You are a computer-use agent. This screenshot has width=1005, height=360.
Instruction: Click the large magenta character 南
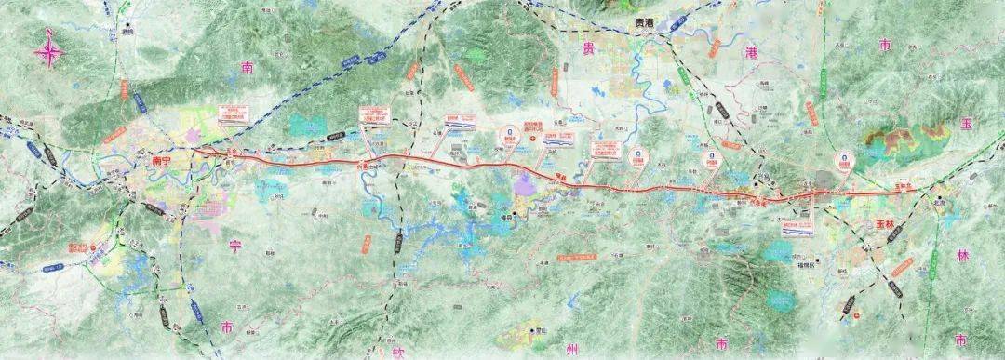pyautogui.click(x=247, y=68)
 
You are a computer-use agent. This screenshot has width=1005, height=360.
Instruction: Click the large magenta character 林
pyautogui.click(x=962, y=254)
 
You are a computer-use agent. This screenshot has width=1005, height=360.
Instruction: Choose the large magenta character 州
pyautogui.click(x=571, y=349)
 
